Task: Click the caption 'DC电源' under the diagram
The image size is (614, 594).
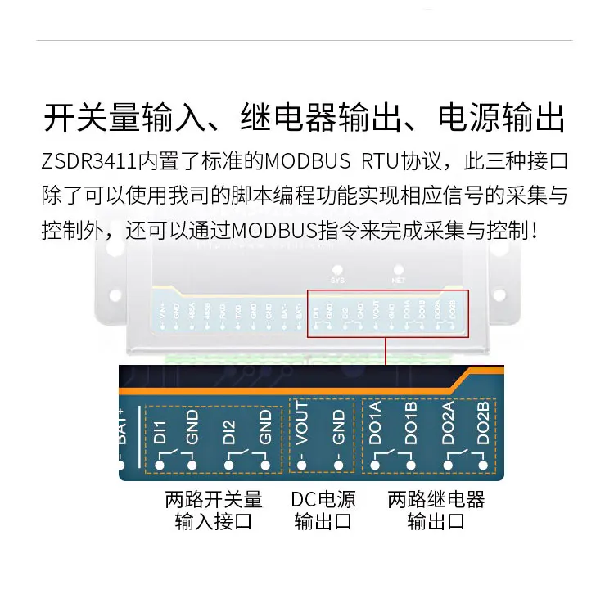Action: point(323,499)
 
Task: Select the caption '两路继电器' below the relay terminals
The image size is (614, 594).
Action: point(436,499)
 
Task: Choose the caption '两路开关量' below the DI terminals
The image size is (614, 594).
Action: point(214,499)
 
